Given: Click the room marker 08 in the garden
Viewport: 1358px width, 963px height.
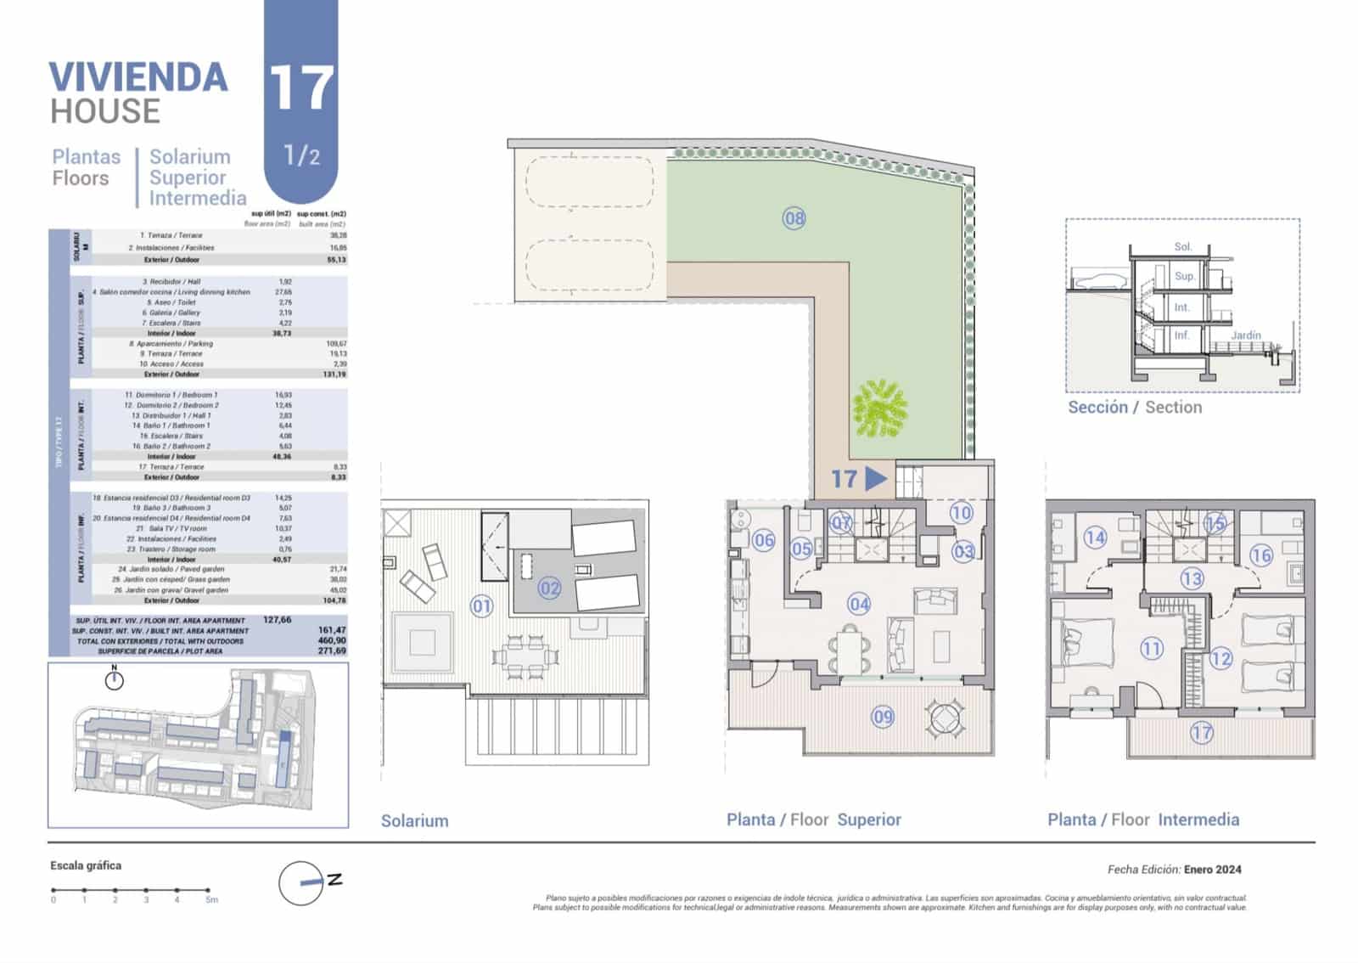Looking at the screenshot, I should pyautogui.click(x=794, y=218).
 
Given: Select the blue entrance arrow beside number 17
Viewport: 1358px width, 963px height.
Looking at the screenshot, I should pyautogui.click(x=876, y=479).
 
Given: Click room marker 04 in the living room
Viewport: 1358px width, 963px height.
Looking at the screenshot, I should pyautogui.click(x=859, y=604).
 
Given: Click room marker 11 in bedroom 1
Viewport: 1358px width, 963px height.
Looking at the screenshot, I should pyautogui.click(x=1151, y=649).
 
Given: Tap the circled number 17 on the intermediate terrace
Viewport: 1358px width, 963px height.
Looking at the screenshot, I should pyautogui.click(x=1201, y=732).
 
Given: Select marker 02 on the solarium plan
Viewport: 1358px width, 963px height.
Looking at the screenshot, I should pyautogui.click(x=550, y=588).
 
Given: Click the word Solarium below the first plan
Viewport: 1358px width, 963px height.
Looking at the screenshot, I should pyautogui.click(x=414, y=820).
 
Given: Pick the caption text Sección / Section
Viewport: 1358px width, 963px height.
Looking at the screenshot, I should pyautogui.click(x=1135, y=407).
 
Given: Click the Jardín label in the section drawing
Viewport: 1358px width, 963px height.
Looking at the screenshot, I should pyautogui.click(x=1245, y=335).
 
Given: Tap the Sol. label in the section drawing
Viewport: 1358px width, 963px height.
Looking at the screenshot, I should pyautogui.click(x=1182, y=246).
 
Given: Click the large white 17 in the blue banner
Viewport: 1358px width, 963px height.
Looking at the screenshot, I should pyautogui.click(x=300, y=87).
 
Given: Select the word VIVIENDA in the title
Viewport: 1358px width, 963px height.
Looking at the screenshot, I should pyautogui.click(x=138, y=77).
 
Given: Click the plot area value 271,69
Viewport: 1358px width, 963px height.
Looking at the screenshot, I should pyautogui.click(x=331, y=650).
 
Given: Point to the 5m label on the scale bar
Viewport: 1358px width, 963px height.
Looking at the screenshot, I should pyautogui.click(x=211, y=899).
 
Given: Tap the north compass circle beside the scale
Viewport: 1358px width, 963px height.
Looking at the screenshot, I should pyautogui.click(x=301, y=883).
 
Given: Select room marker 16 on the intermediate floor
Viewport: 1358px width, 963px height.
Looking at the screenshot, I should pyautogui.click(x=1261, y=555).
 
